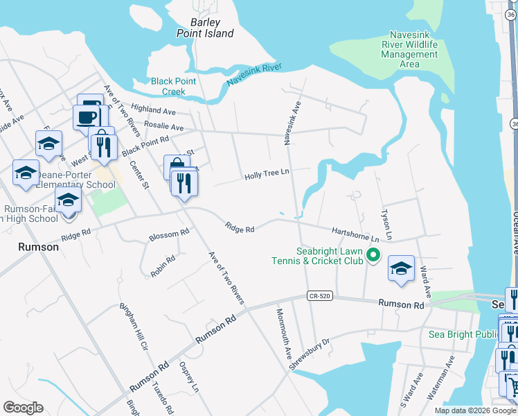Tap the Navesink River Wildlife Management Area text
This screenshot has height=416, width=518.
click(410, 49)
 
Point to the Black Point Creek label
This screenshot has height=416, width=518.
click(173, 86)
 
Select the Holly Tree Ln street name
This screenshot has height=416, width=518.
click(267, 175)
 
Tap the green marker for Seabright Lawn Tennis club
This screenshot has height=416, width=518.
click(373, 256)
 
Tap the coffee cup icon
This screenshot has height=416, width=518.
click(87, 116)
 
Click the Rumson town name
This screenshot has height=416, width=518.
click(38, 247)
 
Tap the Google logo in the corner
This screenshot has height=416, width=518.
click(24, 408)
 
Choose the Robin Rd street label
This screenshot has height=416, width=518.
click(163, 266)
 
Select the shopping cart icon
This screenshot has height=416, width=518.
click(510, 384)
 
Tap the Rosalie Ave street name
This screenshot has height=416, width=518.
click(163, 128)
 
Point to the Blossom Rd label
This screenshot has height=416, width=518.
click(169, 234)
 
